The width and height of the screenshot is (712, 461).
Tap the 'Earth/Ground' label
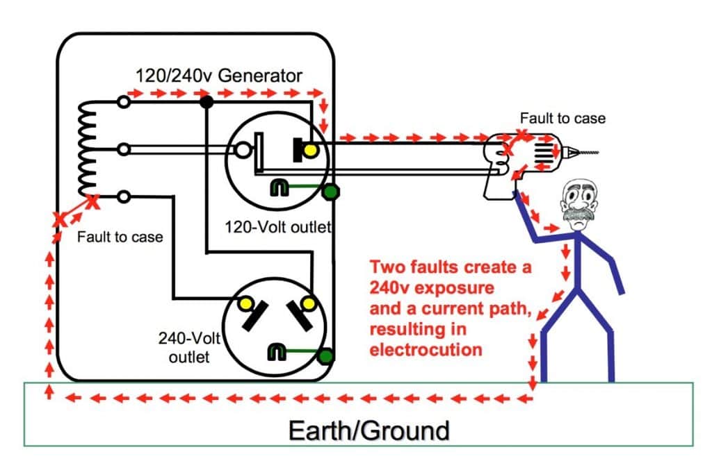(369, 430)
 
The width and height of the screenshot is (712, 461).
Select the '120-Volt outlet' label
(278, 226)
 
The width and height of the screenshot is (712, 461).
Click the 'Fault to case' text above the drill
(563, 118)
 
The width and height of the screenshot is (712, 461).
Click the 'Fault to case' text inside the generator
(120, 237)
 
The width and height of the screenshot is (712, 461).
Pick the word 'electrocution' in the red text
(426, 349)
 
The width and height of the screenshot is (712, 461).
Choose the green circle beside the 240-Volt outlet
(325, 356)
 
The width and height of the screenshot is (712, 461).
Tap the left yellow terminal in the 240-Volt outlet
(245, 304)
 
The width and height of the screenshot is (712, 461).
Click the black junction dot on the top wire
(206, 103)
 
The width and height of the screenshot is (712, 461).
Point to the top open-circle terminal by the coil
(124, 103)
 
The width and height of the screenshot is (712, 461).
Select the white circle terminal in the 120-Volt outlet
(243, 149)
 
